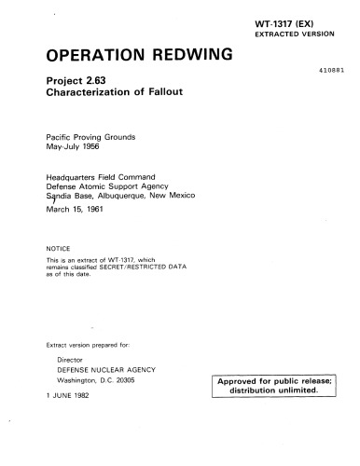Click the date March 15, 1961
pos(74,210)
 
